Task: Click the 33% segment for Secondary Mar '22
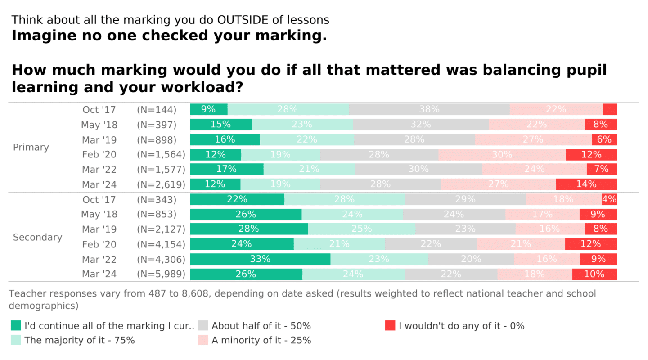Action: (x=260, y=259)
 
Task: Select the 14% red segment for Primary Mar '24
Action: (x=586, y=184)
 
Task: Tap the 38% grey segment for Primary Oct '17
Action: (x=429, y=109)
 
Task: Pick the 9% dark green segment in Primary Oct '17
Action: (x=208, y=109)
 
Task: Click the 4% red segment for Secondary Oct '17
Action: (x=609, y=199)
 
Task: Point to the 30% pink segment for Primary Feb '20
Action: (x=502, y=154)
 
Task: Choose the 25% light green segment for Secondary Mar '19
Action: (x=362, y=229)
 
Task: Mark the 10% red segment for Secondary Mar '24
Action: (x=594, y=274)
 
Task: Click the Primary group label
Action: (x=31, y=147)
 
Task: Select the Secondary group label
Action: (x=37, y=237)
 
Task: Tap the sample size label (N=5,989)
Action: (x=161, y=274)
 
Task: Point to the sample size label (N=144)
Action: (x=157, y=109)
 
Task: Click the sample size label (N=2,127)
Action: (x=161, y=229)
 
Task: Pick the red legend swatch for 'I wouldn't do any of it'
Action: (x=390, y=326)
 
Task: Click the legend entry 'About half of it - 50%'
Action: (x=261, y=326)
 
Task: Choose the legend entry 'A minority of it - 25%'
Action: (x=261, y=340)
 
